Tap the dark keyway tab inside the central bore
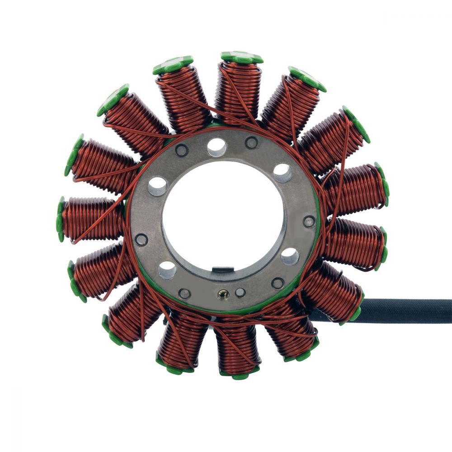pos(223,270)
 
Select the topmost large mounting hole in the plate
pos(217,147)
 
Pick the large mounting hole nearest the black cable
pos(290,257)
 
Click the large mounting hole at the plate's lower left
pos(167,270)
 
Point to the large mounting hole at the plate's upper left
pos(158,186)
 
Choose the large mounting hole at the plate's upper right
pos(282,173)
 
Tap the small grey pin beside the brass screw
pos(240,293)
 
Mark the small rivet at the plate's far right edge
pos(309,221)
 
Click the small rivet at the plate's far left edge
pos(141,240)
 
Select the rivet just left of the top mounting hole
pos(182,150)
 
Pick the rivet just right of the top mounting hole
pos(251,143)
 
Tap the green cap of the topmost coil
pos(241,57)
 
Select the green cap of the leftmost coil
pos(60,219)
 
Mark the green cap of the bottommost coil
pos(237,375)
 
